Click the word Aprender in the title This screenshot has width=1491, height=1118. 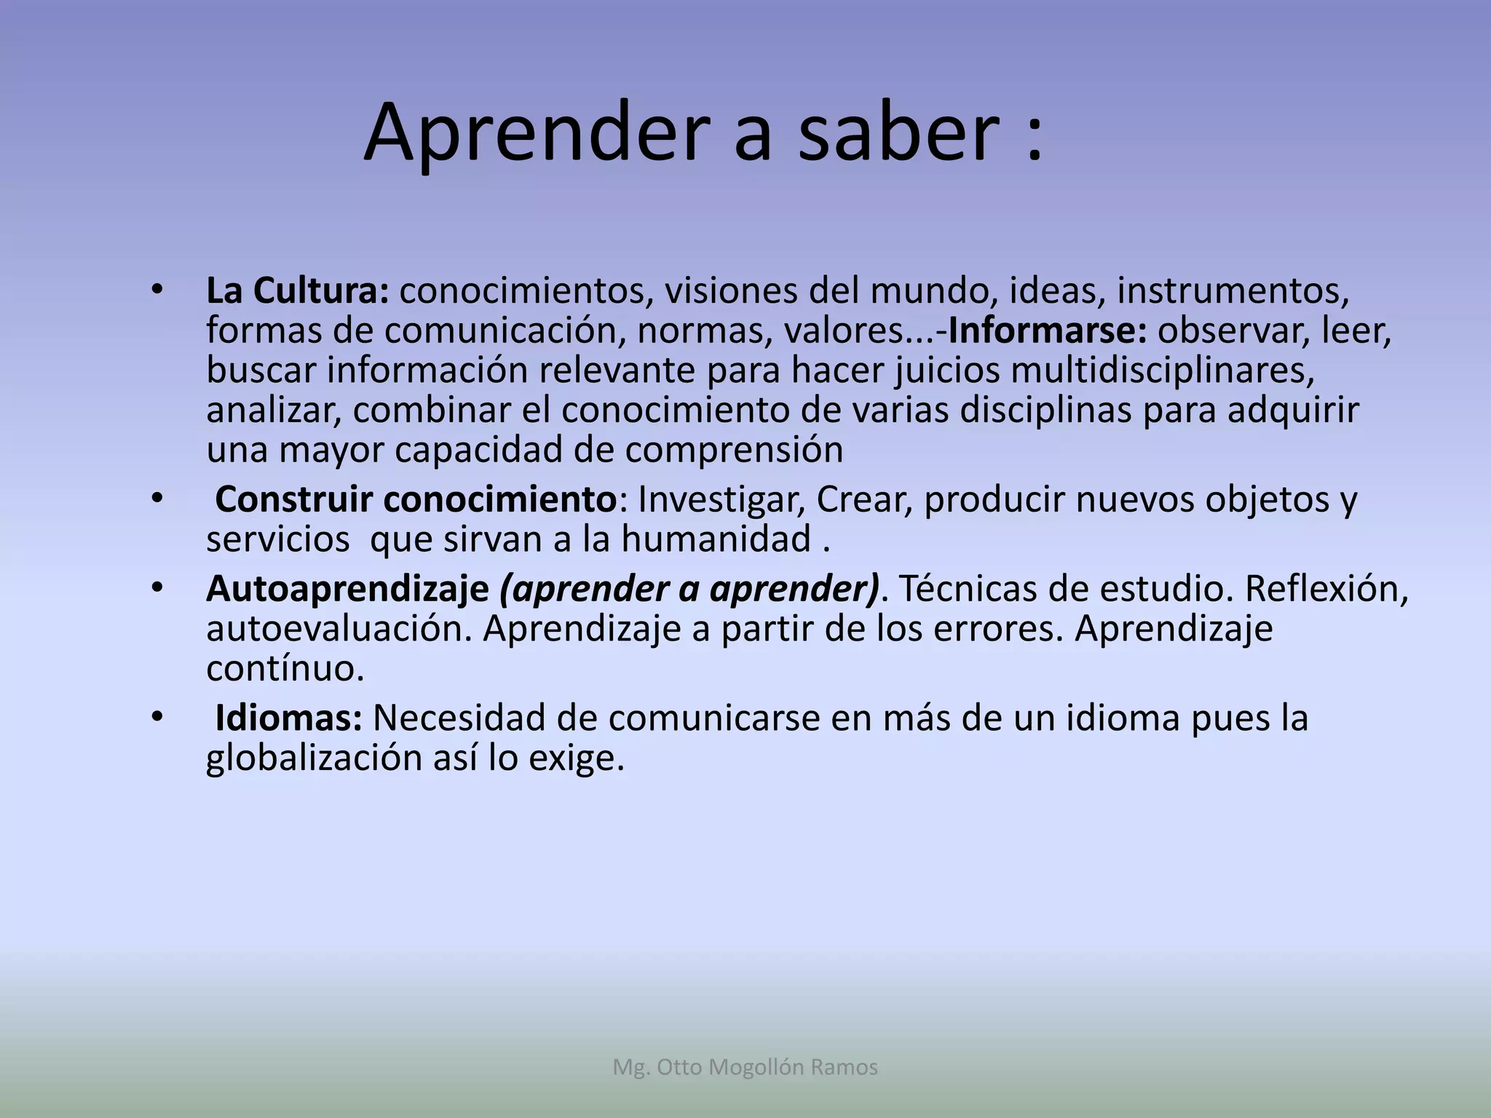coord(536,133)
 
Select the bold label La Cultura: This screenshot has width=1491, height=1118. coord(297,290)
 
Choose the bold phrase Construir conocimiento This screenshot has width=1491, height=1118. coord(416,499)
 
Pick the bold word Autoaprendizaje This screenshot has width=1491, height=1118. coord(347,589)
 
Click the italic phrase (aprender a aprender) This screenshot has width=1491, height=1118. coord(689,589)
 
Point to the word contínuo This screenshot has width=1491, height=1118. coord(285,668)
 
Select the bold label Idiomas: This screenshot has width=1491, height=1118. coord(288,718)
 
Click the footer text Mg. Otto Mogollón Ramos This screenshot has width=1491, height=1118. coord(745,1067)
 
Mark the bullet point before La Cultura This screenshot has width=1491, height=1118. coord(157,290)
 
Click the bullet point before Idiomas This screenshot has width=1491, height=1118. coord(157,718)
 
